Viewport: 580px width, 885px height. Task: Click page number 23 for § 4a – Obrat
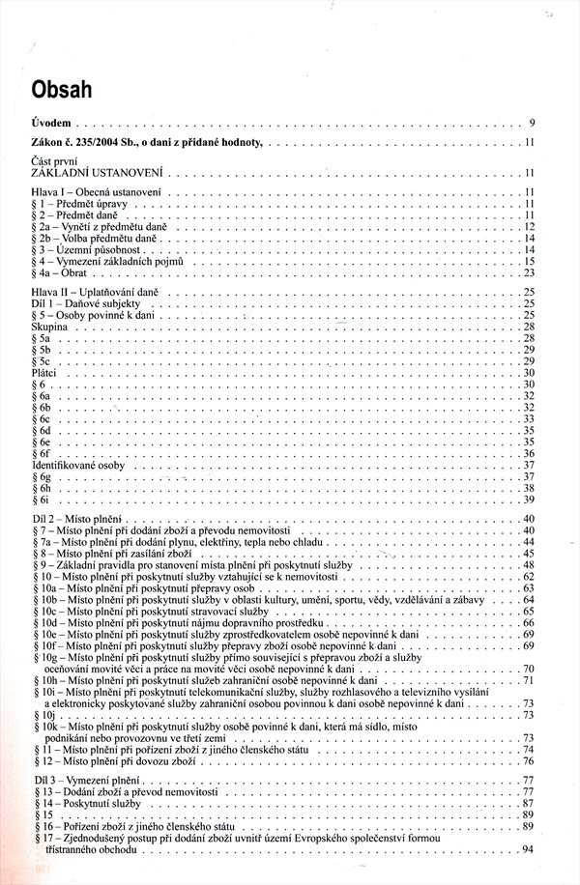point(530,273)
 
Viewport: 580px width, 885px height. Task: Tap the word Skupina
point(48,328)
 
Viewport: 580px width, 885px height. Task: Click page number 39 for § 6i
point(530,500)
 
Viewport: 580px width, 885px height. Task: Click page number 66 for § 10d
point(530,623)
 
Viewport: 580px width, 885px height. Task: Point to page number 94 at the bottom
point(528,848)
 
